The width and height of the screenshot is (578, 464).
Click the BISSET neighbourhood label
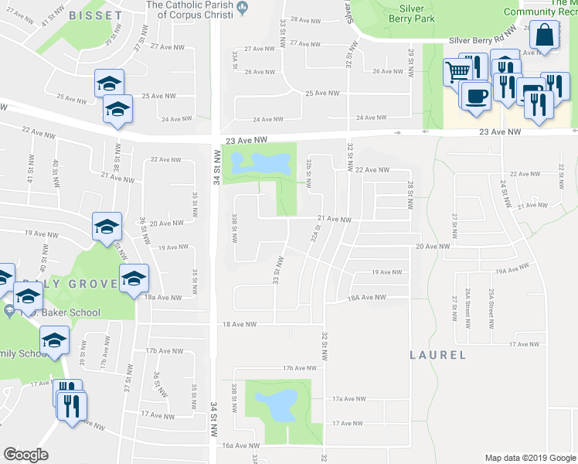tap(95, 15)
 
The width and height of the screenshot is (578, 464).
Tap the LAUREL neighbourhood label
tap(437, 355)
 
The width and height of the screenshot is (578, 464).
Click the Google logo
tap(25, 455)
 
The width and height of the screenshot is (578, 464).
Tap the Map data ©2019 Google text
tap(529, 457)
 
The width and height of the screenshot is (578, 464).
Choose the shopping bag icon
tap(544, 35)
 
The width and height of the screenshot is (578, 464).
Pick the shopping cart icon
tap(456, 71)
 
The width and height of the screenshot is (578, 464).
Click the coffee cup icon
tap(474, 96)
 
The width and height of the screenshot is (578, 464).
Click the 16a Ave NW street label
tap(239, 445)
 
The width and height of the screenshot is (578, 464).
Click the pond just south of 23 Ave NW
tap(260, 163)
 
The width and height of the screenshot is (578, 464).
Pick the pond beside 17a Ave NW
tap(279, 403)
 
